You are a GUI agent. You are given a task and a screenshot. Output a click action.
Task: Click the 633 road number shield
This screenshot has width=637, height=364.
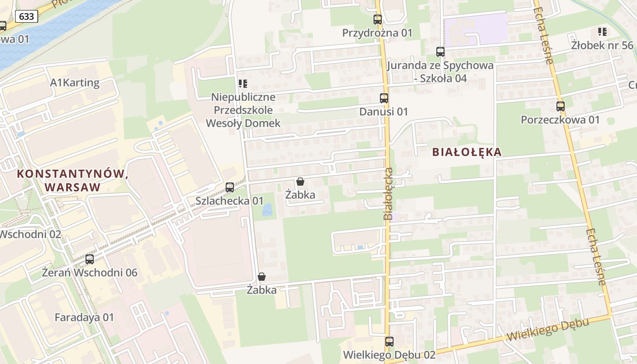point(26,16)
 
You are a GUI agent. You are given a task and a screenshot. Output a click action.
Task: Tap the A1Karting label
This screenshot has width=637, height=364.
point(75,82)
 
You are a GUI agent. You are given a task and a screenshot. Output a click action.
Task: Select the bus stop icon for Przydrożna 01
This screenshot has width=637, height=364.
point(377,20)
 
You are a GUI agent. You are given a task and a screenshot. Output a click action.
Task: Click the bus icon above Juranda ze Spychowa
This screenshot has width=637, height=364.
point(440,52)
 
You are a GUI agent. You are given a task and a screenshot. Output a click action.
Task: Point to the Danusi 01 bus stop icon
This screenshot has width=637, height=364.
point(384,98)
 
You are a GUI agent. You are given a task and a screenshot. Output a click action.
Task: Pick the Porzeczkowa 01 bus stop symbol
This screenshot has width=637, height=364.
point(560,106)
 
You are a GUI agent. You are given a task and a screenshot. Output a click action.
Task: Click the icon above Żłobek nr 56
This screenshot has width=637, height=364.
point(602,32)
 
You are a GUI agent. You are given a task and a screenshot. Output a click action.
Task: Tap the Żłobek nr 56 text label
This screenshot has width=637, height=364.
point(602,45)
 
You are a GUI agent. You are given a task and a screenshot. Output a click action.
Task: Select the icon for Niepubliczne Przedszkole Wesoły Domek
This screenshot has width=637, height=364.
point(243,84)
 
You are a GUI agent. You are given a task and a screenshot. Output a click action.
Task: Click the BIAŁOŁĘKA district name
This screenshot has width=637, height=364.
point(466,152)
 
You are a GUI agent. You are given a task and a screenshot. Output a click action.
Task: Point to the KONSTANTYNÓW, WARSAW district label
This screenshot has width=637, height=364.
point(71,180)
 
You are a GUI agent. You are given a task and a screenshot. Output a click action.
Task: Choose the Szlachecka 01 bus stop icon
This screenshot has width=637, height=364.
point(230,187)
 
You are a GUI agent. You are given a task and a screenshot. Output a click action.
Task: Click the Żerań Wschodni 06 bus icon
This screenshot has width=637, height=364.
point(90,259)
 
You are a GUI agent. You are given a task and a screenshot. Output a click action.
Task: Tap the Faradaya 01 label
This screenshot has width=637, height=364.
point(84,317)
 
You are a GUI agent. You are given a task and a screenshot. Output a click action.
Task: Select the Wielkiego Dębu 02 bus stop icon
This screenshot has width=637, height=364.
point(389,342)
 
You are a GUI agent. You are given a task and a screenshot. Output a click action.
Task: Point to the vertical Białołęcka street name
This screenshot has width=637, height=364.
point(388,193)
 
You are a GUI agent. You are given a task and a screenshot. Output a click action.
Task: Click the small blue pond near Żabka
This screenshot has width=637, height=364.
point(267,210)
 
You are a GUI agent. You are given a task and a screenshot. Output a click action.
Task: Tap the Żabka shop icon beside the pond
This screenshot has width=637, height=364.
point(300,182)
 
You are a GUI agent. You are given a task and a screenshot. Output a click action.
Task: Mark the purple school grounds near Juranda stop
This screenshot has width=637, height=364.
point(475,29)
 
